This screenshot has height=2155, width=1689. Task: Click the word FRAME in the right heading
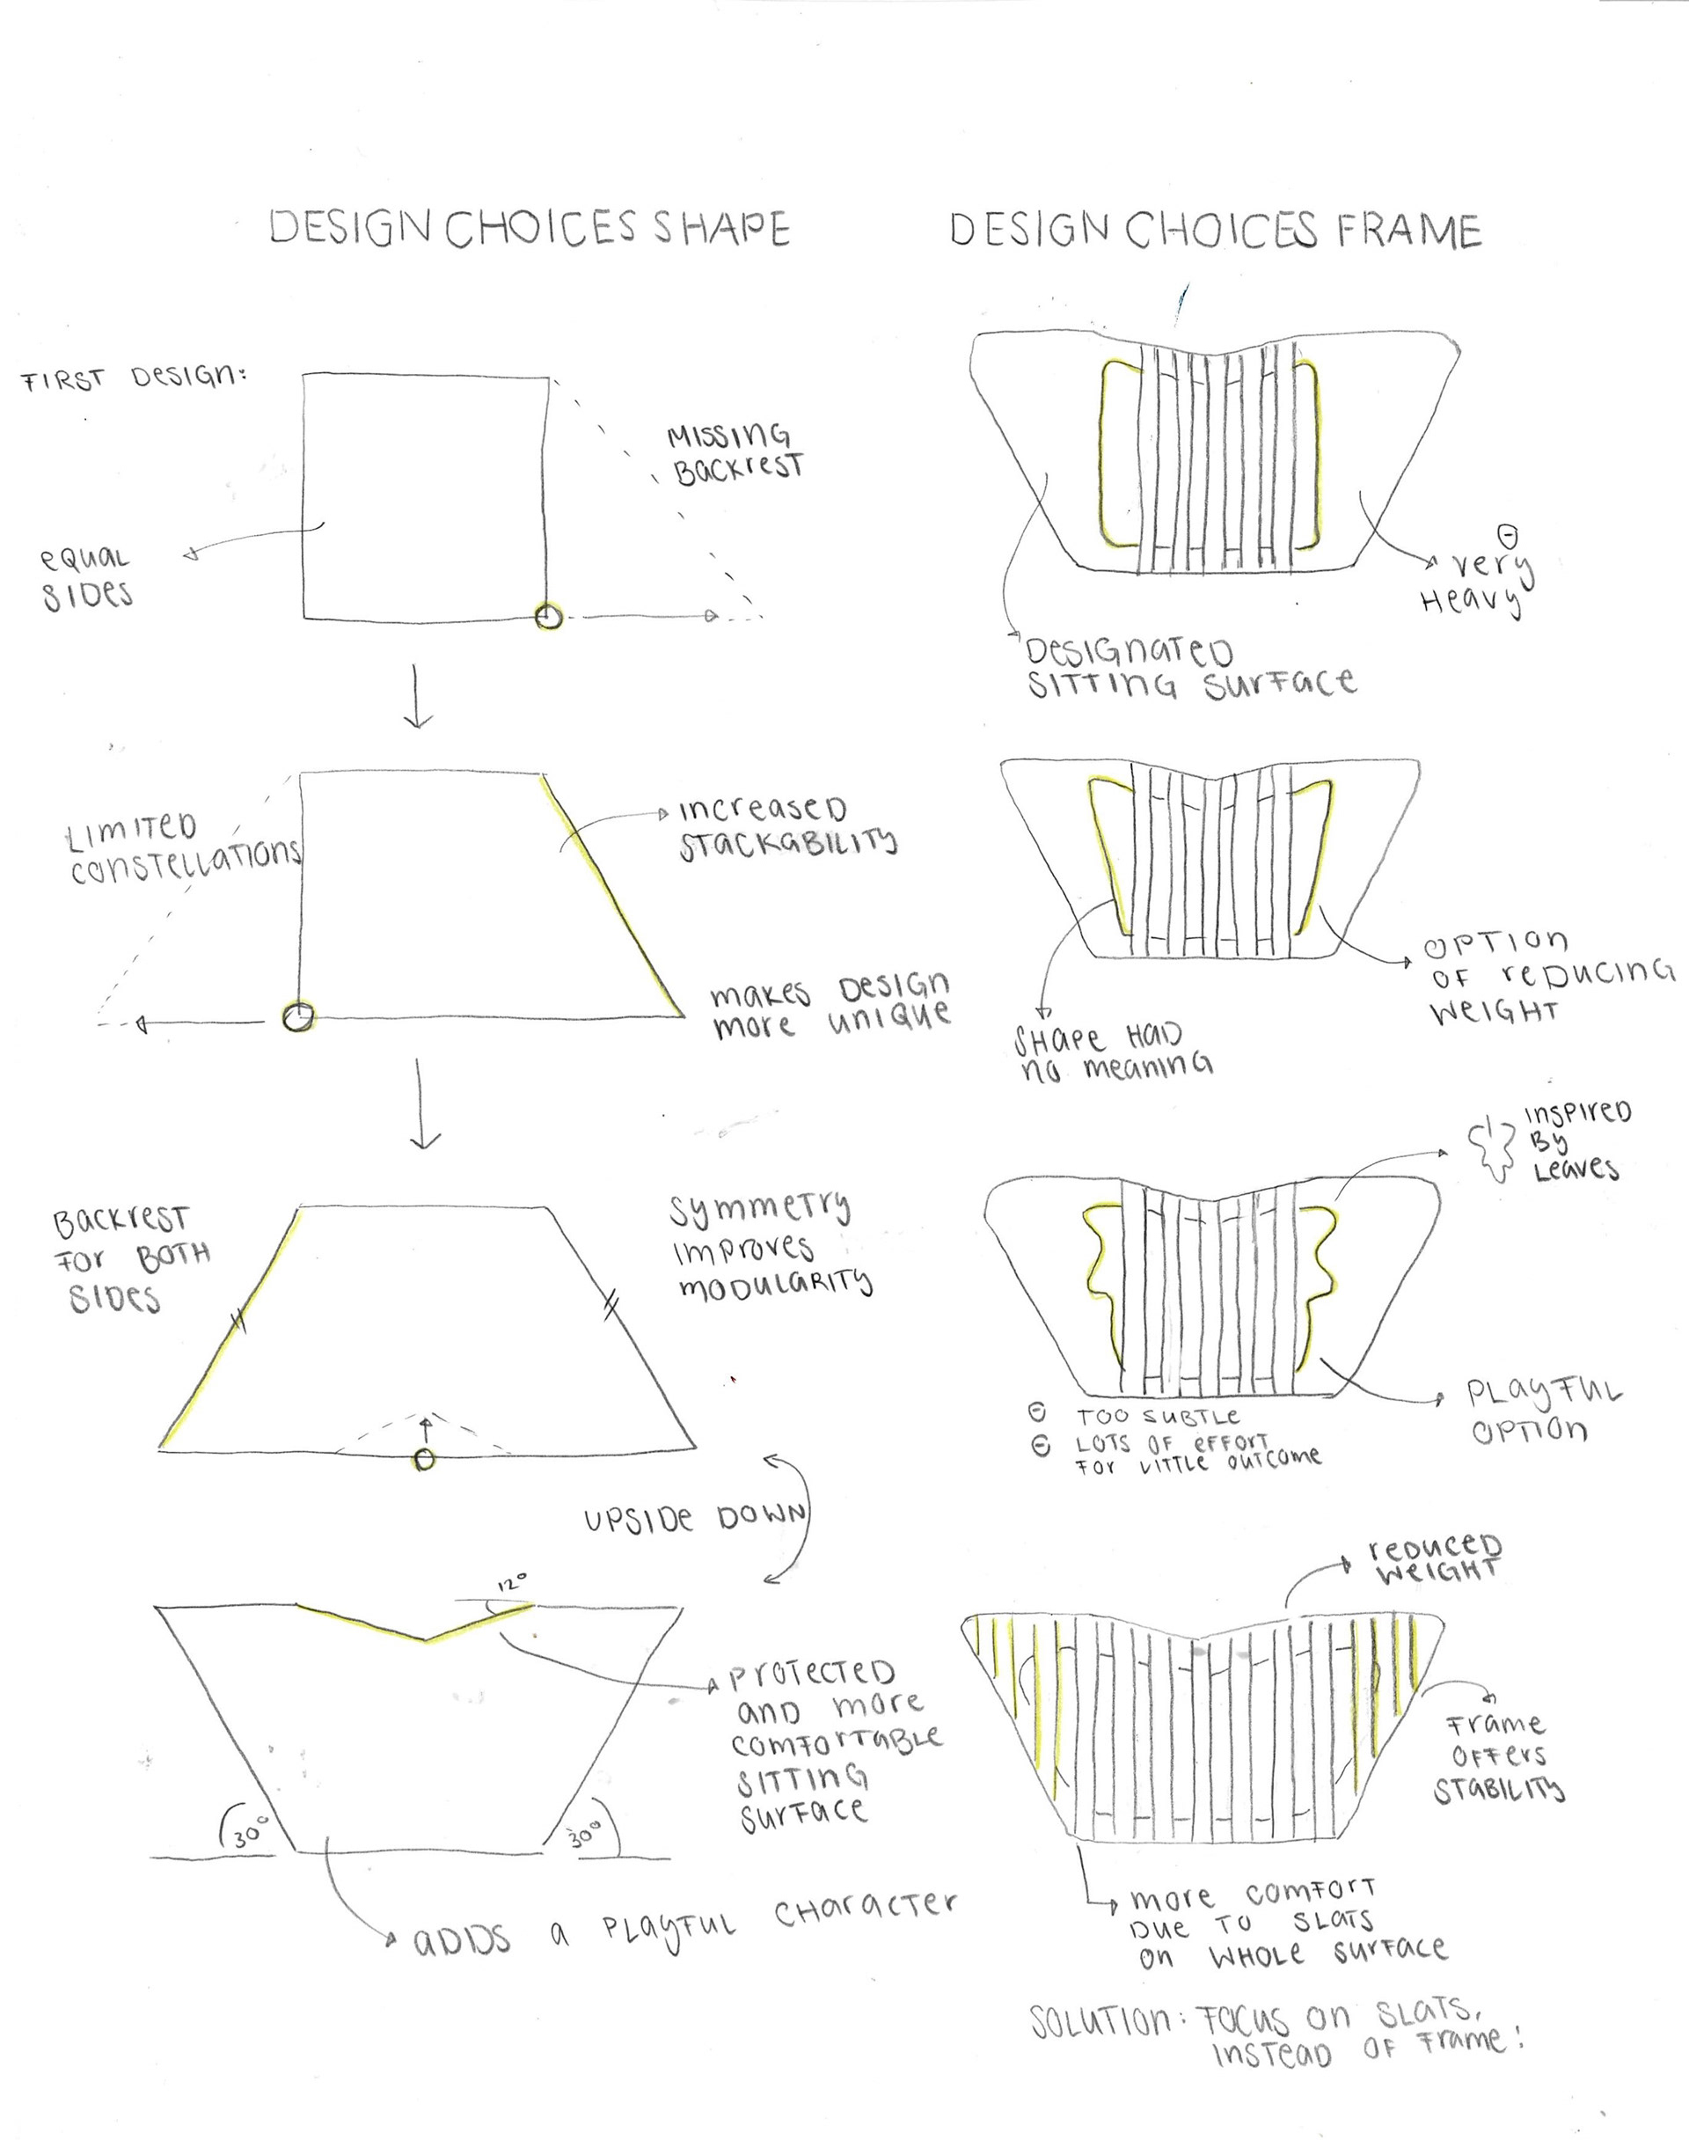[x=1409, y=231]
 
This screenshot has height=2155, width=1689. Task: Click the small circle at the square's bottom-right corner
[x=549, y=617]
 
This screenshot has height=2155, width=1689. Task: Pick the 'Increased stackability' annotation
[x=786, y=825]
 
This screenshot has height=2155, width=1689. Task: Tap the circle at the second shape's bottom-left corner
[x=297, y=1015]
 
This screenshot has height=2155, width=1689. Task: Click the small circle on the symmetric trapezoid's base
[x=424, y=1459]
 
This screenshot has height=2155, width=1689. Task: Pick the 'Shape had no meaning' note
[x=1113, y=1052]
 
